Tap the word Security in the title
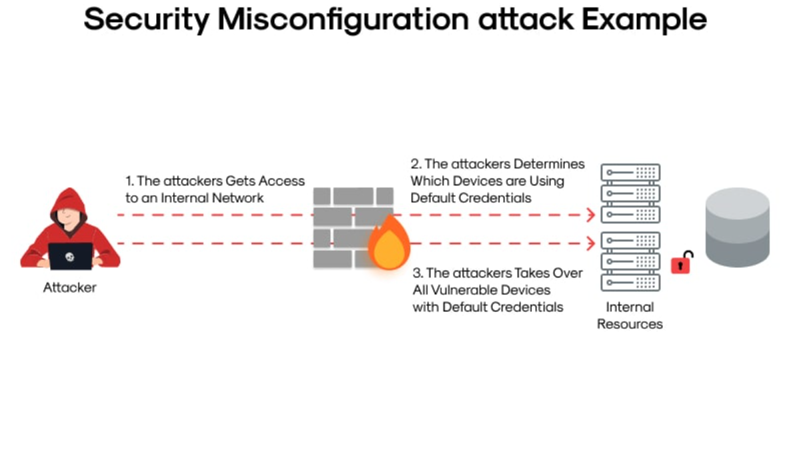146,21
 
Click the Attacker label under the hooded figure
70,288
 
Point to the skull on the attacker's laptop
70,256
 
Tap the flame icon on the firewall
389,245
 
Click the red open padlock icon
681,263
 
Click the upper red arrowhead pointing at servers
590,215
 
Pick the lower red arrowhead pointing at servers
590,243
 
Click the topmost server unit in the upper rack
630,173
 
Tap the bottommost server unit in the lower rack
630,282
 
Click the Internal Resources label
630,315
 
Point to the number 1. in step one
129,181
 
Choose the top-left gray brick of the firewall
321,196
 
